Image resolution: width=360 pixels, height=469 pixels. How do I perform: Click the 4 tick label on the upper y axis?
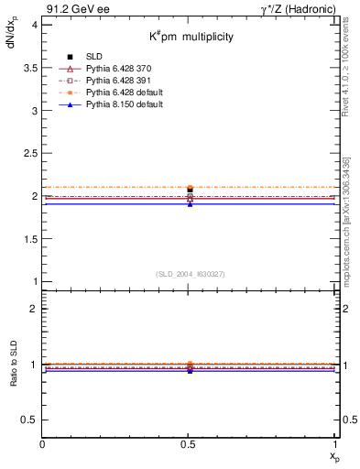pyautogui.click(x=34, y=25)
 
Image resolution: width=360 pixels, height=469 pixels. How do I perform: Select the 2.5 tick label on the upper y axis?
pyautogui.click(x=29, y=153)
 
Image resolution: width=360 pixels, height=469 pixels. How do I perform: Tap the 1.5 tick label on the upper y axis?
pyautogui.click(x=29, y=239)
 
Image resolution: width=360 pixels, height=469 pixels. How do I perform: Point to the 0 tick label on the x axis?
pyautogui.click(x=43, y=444)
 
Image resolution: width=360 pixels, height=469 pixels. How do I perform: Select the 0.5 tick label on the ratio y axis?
pyautogui.click(x=29, y=420)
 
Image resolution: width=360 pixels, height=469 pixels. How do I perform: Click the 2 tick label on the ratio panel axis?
pyautogui.click(x=34, y=309)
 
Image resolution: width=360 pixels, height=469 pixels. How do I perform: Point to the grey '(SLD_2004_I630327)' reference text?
pyautogui.click(x=190, y=274)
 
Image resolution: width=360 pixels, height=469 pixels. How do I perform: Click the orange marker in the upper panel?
pyautogui.click(x=190, y=188)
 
